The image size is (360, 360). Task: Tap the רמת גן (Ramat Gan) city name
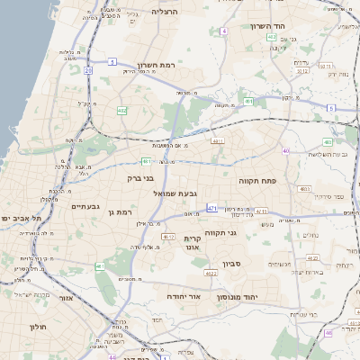tap(120, 211)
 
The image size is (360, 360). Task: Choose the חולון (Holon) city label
tap(38, 326)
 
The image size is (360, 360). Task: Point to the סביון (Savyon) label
tap(232, 265)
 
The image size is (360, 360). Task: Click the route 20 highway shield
tap(88, 69)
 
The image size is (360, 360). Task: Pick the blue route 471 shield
tap(212, 208)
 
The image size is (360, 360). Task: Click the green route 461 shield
tap(99, 266)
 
